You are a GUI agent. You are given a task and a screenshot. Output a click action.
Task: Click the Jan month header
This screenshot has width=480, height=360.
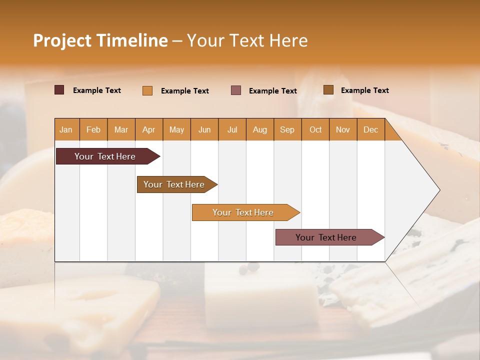point(66,129)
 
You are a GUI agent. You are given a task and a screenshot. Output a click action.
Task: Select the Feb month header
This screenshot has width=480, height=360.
point(93,129)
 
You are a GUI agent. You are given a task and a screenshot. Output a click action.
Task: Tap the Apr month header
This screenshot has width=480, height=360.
point(148,129)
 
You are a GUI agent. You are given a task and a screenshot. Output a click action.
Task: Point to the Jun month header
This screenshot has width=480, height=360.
point(204,129)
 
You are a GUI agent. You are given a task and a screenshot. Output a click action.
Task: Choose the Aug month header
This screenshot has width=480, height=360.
point(259,129)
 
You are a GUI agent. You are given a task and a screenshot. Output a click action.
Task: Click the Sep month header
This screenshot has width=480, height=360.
point(287,129)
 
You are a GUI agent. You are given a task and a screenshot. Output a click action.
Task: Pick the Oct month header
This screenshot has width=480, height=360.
point(315,129)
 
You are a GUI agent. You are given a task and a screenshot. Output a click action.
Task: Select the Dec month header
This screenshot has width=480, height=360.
point(370,129)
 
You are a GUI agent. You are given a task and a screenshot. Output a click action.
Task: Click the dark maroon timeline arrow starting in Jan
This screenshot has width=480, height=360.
point(105,156)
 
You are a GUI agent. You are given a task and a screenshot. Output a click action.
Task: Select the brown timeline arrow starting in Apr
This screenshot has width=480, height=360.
point(174,184)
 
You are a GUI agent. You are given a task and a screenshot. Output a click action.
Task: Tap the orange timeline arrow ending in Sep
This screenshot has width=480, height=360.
point(243,212)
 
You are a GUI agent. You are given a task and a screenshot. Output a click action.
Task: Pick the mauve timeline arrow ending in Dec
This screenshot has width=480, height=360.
point(326,237)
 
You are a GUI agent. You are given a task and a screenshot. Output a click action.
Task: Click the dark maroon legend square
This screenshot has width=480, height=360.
point(59,90)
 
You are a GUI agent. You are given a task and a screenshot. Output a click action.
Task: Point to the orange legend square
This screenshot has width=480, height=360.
point(147,90)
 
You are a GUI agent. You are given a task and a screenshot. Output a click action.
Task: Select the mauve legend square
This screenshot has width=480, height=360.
point(236,90)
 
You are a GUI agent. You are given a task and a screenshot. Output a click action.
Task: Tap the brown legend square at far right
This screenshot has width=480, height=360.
point(328,90)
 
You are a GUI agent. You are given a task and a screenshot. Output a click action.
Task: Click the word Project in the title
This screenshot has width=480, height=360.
point(62,40)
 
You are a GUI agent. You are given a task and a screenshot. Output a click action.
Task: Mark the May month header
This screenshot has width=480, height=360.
point(176,129)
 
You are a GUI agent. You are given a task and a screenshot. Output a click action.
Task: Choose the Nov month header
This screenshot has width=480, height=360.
point(343,129)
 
